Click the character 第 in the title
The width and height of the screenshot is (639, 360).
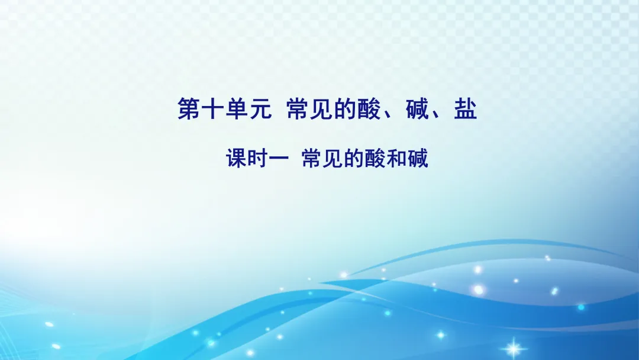189,110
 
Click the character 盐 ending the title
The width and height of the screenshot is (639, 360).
465,110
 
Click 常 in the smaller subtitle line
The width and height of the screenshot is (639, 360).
312,159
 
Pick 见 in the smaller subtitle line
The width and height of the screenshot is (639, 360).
332,159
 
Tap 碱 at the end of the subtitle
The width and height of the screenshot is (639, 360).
418,159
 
